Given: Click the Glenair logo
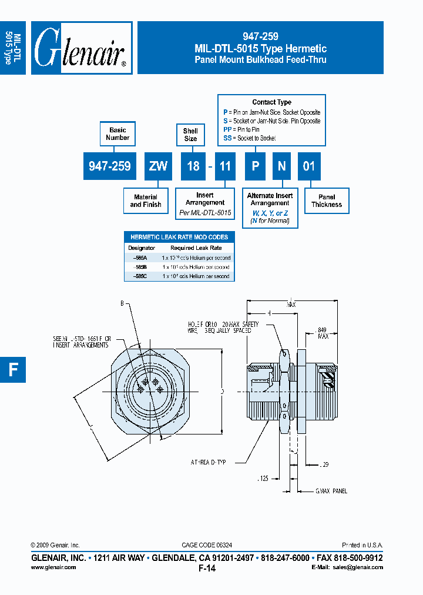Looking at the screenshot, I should coord(81,48).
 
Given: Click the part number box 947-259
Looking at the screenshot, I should coord(109,166).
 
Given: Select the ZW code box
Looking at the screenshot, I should coord(158,166).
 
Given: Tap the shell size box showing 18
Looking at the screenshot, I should coord(193,166).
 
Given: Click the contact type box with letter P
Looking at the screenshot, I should coord(256,166).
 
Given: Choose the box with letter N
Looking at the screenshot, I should coord(281,166).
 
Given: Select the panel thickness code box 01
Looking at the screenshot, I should coord(308,166).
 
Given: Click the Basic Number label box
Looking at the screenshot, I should coord(117,133).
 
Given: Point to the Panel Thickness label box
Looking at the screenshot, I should coord(327,201).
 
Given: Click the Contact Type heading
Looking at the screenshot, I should coord(271,102).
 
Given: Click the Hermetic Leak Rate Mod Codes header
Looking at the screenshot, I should coord(179,237).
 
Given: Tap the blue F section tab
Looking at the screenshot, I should coord(13,369).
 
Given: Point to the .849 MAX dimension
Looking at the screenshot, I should coord(322,333).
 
